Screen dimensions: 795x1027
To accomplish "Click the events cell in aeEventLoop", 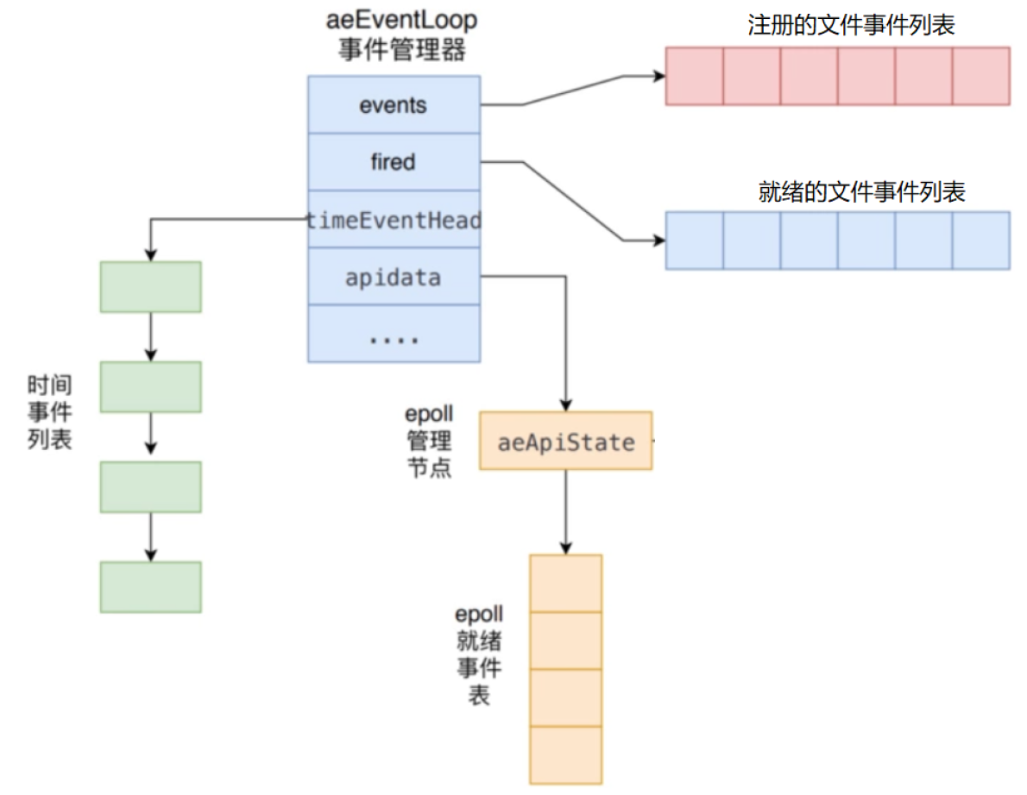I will pos(394,104).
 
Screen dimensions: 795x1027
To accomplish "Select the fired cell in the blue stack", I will pos(394,161).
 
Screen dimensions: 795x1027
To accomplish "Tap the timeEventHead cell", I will pos(394,220).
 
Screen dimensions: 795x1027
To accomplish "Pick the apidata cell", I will pos(394,278).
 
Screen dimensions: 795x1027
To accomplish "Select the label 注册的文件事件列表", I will pos(851,25).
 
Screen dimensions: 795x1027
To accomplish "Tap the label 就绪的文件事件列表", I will pos(860,191).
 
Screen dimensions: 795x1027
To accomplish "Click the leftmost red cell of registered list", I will pos(694,76).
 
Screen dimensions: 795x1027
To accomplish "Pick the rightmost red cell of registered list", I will pos(981,76).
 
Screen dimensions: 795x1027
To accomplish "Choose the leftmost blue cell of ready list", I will pos(694,241).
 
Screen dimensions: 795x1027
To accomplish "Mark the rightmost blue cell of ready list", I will pos(981,241).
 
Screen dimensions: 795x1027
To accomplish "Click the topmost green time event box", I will pos(151,287).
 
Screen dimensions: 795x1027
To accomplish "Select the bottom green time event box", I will pos(151,587).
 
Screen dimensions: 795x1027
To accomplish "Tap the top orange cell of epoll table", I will pos(565,583).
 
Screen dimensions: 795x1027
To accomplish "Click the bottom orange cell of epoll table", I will pos(565,755).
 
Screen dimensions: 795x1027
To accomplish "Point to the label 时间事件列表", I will pos(50,412).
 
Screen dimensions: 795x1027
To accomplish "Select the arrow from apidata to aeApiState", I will pos(565,345).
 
